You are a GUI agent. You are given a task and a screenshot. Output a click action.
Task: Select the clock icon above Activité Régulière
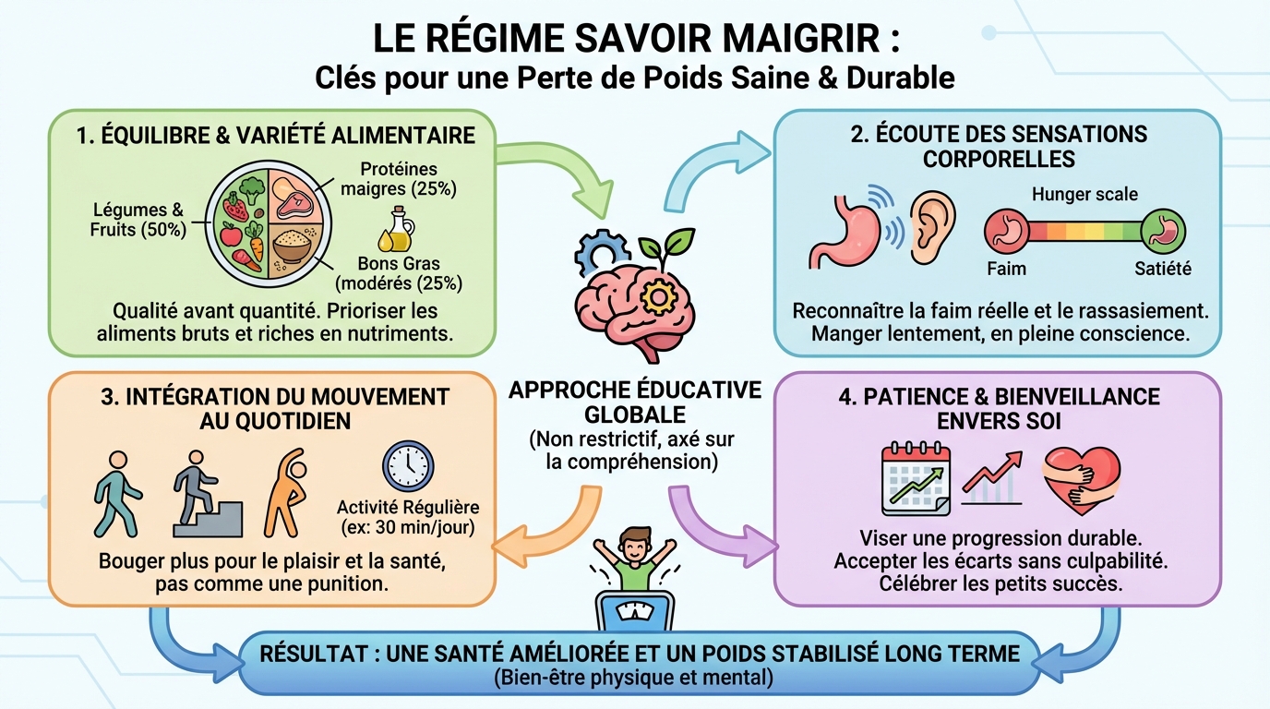(407, 467)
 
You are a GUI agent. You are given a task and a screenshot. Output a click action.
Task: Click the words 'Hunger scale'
(1084, 194)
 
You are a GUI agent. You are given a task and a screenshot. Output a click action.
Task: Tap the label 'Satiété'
(1162, 270)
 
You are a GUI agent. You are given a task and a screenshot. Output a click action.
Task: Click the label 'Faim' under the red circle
(1005, 270)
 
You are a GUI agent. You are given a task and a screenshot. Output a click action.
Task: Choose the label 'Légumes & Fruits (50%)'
(138, 221)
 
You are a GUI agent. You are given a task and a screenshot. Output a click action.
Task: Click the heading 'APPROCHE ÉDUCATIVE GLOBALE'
(635, 402)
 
